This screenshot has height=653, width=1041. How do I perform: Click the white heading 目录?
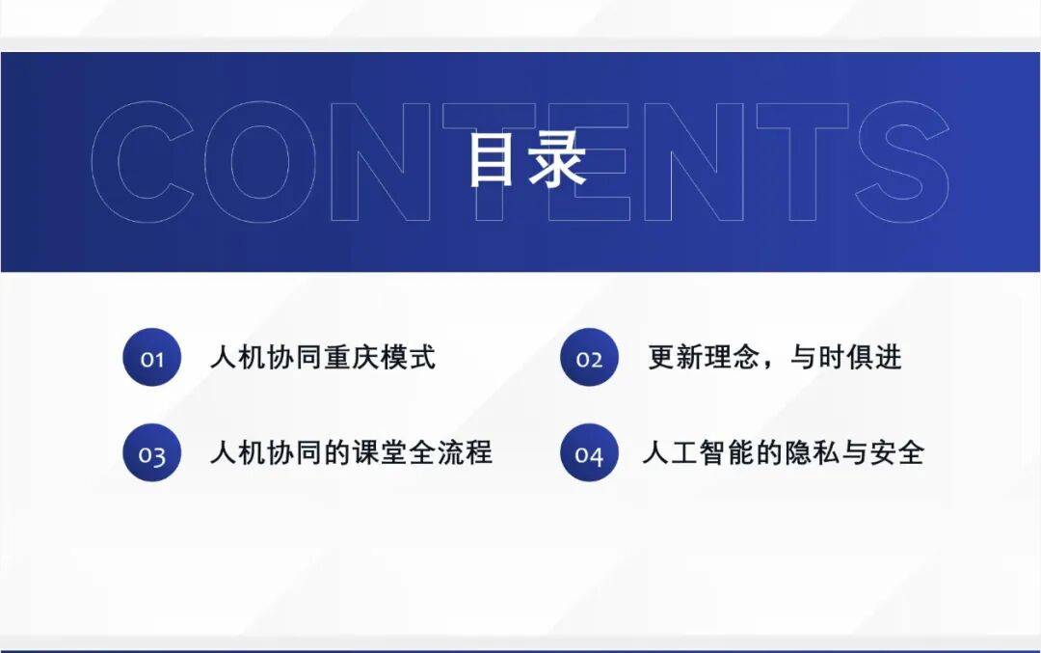[x=527, y=159]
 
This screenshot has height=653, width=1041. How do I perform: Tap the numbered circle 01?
[x=152, y=358]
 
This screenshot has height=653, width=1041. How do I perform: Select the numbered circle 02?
[x=589, y=358]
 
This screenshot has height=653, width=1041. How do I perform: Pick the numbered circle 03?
[x=152, y=453]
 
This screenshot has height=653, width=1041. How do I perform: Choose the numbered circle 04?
[x=589, y=453]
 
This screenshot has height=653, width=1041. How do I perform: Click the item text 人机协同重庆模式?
[x=323, y=358]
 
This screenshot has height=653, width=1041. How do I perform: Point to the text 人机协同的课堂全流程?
[x=351, y=453]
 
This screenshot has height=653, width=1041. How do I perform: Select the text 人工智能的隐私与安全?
[x=784, y=453]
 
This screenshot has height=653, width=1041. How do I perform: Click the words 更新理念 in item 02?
[x=704, y=358]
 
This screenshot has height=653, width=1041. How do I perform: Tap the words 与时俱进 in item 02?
[x=846, y=358]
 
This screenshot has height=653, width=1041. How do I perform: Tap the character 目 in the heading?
[x=492, y=159]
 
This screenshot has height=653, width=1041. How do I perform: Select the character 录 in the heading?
[x=556, y=159]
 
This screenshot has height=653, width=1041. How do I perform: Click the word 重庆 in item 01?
[x=351, y=358]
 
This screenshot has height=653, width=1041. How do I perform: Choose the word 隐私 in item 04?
[x=812, y=453]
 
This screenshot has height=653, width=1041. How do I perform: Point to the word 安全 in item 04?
[x=896, y=453]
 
